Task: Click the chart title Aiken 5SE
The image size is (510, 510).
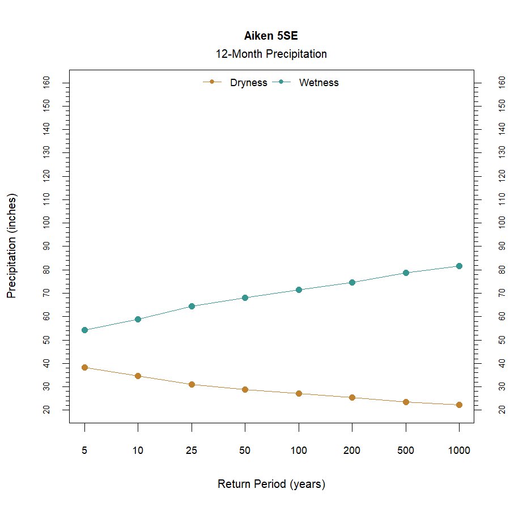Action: [271, 36]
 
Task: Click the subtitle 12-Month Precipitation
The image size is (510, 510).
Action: [271, 54]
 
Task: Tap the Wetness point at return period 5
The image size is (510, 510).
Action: [84, 330]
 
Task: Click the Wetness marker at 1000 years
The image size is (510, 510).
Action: [459, 266]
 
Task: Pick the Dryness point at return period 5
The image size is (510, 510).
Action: [84, 367]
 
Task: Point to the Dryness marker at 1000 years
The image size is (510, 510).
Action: [459, 405]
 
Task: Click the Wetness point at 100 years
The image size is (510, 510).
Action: [299, 290]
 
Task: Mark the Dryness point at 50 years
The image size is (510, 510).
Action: [245, 389]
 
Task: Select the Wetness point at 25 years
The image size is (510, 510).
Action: [192, 306]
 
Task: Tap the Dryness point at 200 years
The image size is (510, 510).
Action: [352, 397]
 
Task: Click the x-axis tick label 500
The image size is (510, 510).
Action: [406, 451]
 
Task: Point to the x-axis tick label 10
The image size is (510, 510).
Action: [138, 451]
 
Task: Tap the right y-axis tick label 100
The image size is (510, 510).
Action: [501, 223]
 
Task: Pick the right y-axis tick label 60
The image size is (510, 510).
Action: [501, 316]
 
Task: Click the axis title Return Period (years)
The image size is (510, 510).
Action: [271, 484]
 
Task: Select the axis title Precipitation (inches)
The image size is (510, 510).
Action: [12, 246]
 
